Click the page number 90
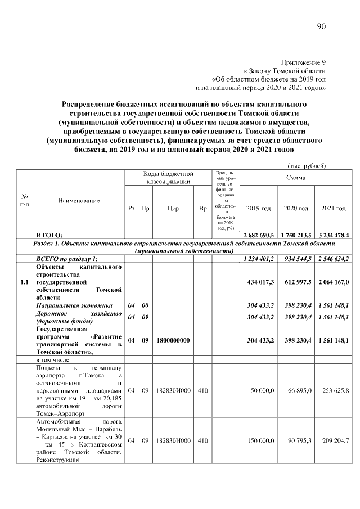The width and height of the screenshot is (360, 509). (321, 26)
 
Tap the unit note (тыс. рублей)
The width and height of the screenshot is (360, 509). (307, 165)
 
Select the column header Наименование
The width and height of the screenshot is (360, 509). (79, 200)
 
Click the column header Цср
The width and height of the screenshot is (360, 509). (173, 208)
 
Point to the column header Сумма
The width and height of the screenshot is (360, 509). (295, 178)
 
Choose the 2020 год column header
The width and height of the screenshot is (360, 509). (295, 208)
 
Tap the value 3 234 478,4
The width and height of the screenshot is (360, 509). (333, 235)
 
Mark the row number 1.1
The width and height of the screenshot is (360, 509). (24, 282)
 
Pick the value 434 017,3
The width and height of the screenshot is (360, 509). (260, 282)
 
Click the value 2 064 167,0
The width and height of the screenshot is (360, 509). (333, 282)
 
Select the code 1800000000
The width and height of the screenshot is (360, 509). (173, 340)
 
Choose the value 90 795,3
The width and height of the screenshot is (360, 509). (299, 440)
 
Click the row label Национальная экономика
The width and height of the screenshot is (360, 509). (67, 305)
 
